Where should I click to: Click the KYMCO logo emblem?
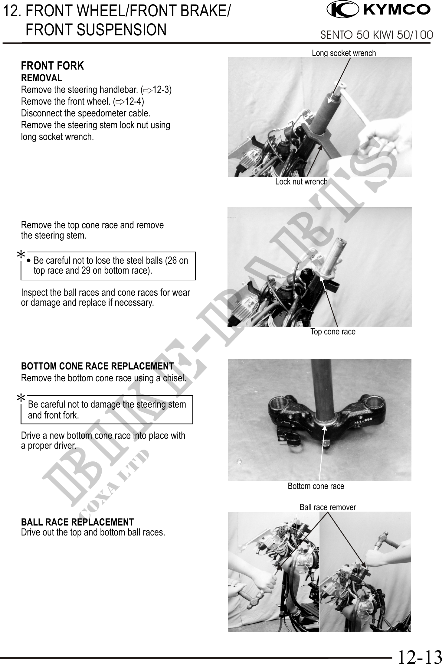point(342,10)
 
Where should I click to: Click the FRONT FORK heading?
point(52,66)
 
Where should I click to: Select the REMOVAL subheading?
point(41,78)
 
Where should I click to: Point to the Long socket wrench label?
point(344,53)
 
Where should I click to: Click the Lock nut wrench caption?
point(301,182)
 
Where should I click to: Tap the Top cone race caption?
point(333,332)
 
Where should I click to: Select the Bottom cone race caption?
point(316,486)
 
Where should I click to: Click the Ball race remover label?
point(328,507)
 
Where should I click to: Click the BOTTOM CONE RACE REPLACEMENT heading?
point(97,366)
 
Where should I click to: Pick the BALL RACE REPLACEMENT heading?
point(77,522)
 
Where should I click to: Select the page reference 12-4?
point(133,102)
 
